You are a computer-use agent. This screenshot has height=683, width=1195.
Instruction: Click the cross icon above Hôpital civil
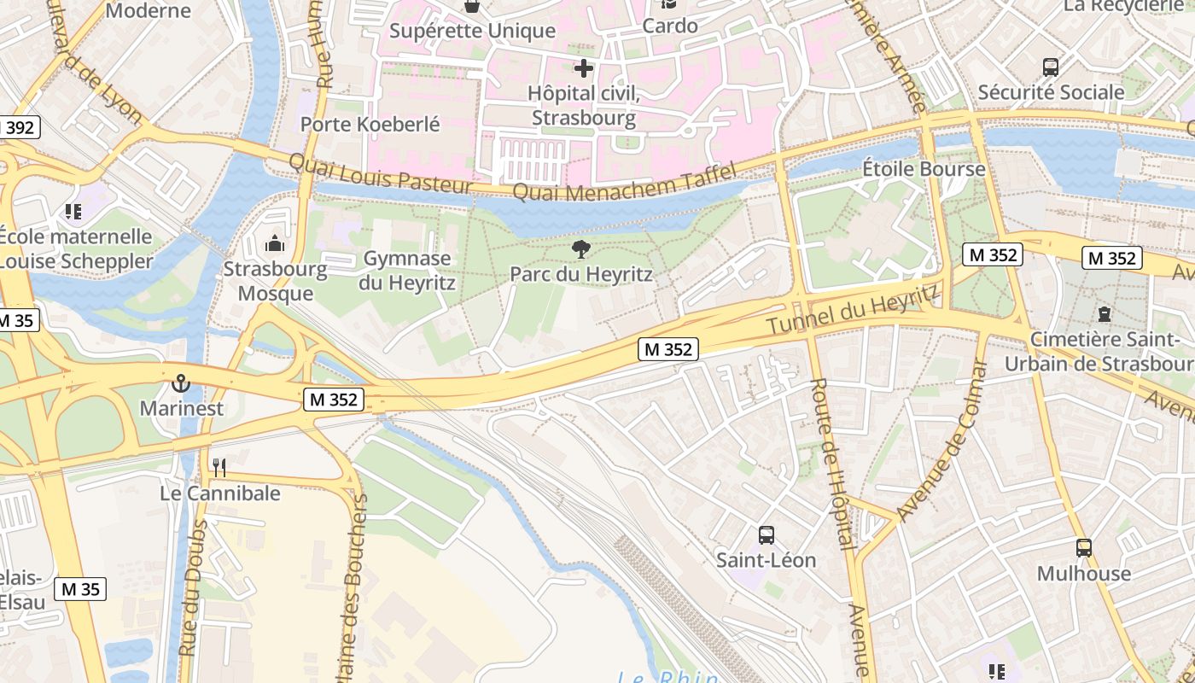click(x=584, y=67)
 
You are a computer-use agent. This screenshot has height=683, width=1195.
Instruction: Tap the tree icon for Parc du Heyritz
click(x=581, y=249)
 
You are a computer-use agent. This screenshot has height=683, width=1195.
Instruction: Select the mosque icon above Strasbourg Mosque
click(x=274, y=244)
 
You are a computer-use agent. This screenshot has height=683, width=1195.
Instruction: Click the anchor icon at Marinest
click(x=181, y=383)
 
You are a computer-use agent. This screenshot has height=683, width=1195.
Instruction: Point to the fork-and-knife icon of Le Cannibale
click(x=219, y=467)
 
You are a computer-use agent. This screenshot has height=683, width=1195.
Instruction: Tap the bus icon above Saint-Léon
click(x=767, y=535)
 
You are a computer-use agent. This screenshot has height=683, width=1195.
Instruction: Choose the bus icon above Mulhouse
click(x=1084, y=548)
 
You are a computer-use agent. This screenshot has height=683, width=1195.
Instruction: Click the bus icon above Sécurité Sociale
click(x=1051, y=67)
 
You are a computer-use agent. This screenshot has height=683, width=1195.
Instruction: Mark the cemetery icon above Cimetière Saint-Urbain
click(x=1105, y=314)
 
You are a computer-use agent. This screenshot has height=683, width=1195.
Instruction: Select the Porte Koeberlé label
click(x=370, y=124)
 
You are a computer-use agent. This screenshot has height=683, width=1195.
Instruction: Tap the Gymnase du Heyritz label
click(x=407, y=270)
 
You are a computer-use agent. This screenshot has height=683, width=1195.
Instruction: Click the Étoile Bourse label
click(x=924, y=169)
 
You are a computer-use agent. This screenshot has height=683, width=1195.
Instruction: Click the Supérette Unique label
click(x=472, y=32)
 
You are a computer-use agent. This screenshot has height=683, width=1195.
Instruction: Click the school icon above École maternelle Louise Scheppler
click(x=73, y=211)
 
